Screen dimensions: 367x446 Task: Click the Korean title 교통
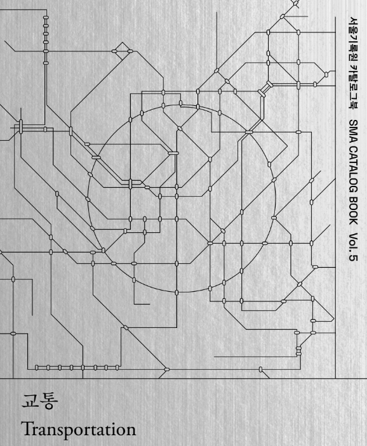point(39,402)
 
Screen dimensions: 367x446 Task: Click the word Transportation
point(79,429)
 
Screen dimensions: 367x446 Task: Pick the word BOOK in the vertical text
point(353,210)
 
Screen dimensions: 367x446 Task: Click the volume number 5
point(353,257)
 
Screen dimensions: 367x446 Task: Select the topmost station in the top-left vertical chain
point(46,18)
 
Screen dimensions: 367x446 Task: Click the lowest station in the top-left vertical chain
point(46,63)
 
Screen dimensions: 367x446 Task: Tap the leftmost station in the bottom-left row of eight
point(36,367)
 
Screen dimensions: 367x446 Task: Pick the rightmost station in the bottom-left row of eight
point(117,367)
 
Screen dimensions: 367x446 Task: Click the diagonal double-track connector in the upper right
point(265,89)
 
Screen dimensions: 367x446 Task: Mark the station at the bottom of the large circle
point(177,292)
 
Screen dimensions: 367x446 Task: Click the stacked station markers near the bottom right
point(298,351)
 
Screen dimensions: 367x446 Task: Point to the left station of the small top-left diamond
point(114,51)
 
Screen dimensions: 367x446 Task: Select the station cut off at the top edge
point(295,3)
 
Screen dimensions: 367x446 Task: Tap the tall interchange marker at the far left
point(20,126)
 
